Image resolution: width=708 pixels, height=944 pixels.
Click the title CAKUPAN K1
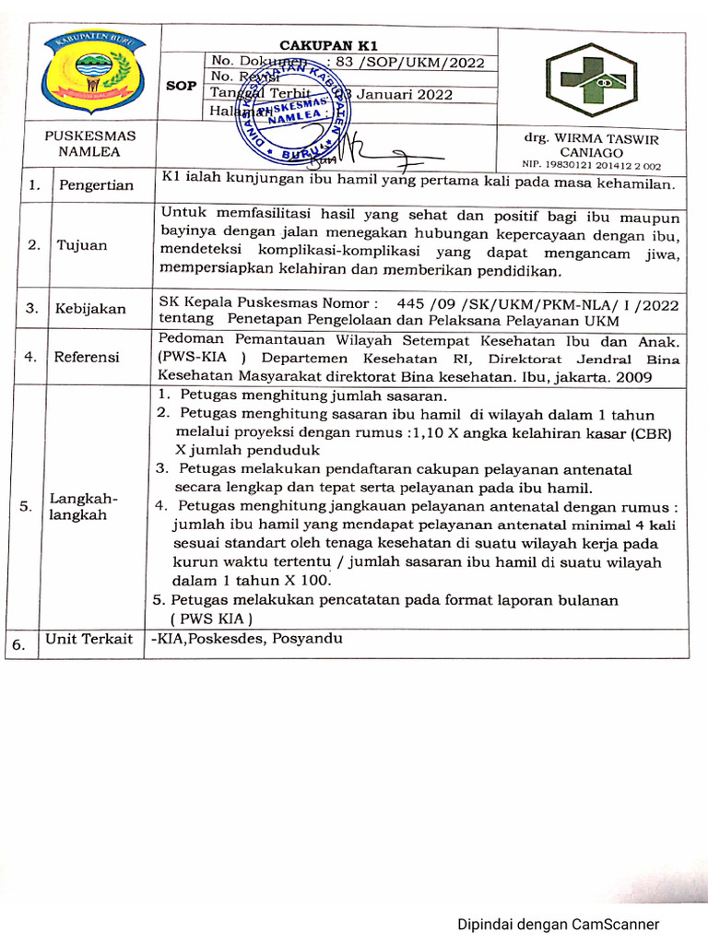329,45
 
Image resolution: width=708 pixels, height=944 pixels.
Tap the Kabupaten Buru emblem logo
90,77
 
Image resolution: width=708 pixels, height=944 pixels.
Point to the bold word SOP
181,86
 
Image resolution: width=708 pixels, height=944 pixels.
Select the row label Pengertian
96,185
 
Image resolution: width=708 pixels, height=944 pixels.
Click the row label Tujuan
81,245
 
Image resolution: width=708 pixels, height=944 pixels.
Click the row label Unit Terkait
89,639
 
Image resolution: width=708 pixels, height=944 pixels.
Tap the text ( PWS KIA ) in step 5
211,619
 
